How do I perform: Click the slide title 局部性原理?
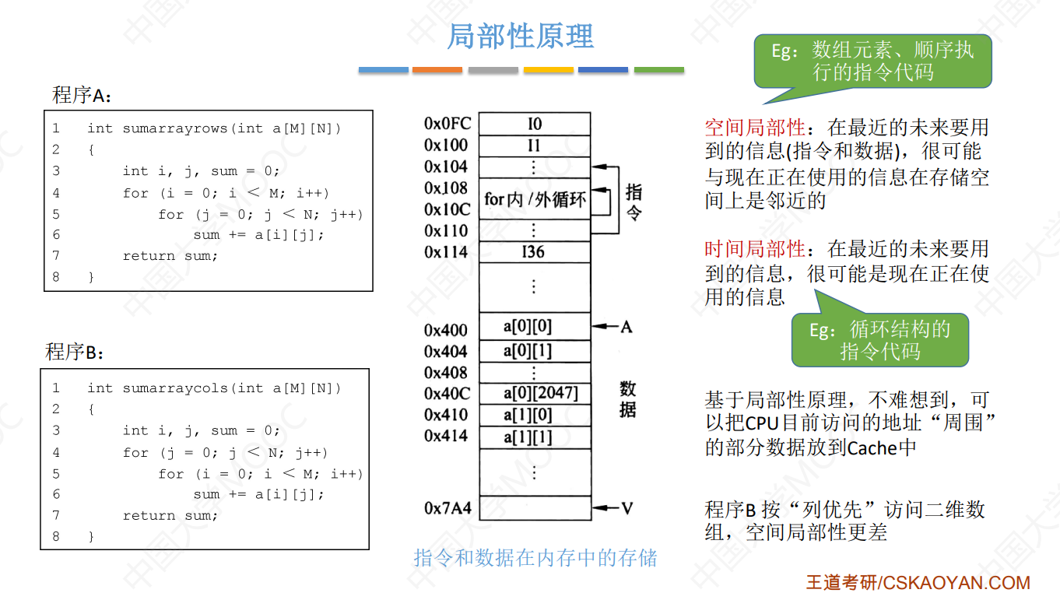(520, 37)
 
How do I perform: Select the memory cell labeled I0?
(534, 125)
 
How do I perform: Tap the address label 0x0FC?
(447, 124)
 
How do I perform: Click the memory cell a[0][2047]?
(534, 393)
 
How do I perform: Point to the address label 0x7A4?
(448, 508)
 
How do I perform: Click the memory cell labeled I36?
(534, 252)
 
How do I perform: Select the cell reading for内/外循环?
(534, 200)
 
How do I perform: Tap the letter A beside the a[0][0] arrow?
(626, 327)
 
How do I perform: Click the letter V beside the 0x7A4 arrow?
(627, 509)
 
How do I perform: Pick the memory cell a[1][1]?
(534, 437)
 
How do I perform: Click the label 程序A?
(82, 96)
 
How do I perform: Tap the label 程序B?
(75, 352)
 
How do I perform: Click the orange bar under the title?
(437, 70)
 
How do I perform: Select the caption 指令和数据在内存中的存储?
(535, 558)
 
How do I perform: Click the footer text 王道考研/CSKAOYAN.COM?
(918, 582)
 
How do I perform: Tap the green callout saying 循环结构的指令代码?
(880, 340)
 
